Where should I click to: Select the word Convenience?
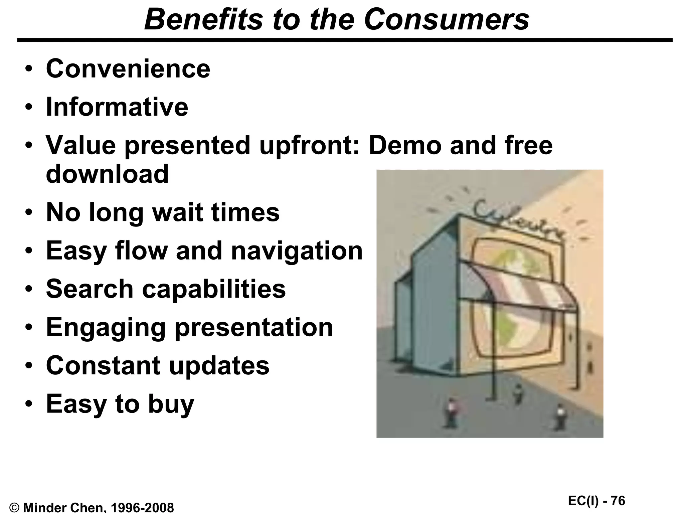128,69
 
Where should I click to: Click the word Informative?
117,107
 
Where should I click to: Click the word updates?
219,365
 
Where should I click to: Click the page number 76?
618,501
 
